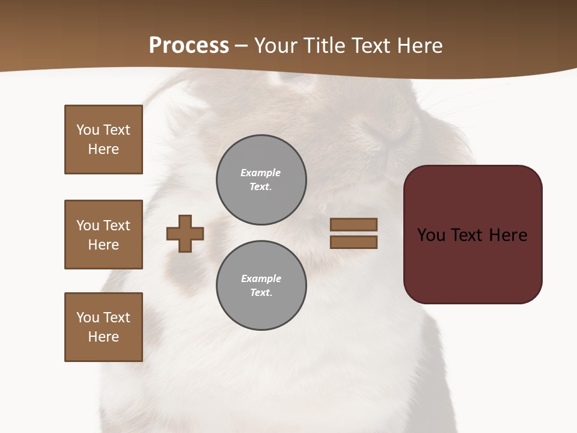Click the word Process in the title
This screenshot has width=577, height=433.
pyautogui.click(x=189, y=46)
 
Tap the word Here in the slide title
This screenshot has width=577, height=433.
pyautogui.click(x=418, y=46)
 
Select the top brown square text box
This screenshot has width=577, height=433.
pyautogui.click(x=103, y=140)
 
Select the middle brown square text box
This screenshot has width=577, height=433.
pyautogui.click(x=103, y=235)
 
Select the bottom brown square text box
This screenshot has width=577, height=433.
pyautogui.click(x=103, y=327)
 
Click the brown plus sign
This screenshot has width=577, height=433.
pyautogui.click(x=185, y=233)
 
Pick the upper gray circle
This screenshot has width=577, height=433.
pyautogui.click(x=261, y=180)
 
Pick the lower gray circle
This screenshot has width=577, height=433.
pyautogui.click(x=261, y=286)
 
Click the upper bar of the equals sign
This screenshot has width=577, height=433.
pyautogui.click(x=353, y=225)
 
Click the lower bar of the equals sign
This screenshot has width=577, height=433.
pyautogui.click(x=353, y=242)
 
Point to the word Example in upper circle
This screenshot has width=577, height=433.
pyautogui.click(x=261, y=173)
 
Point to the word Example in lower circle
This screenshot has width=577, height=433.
pyautogui.click(x=261, y=278)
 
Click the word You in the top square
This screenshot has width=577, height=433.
pyautogui.click(x=88, y=130)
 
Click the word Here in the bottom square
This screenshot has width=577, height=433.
pyautogui.click(x=103, y=337)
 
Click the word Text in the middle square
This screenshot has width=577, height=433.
pyautogui.click(x=116, y=226)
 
